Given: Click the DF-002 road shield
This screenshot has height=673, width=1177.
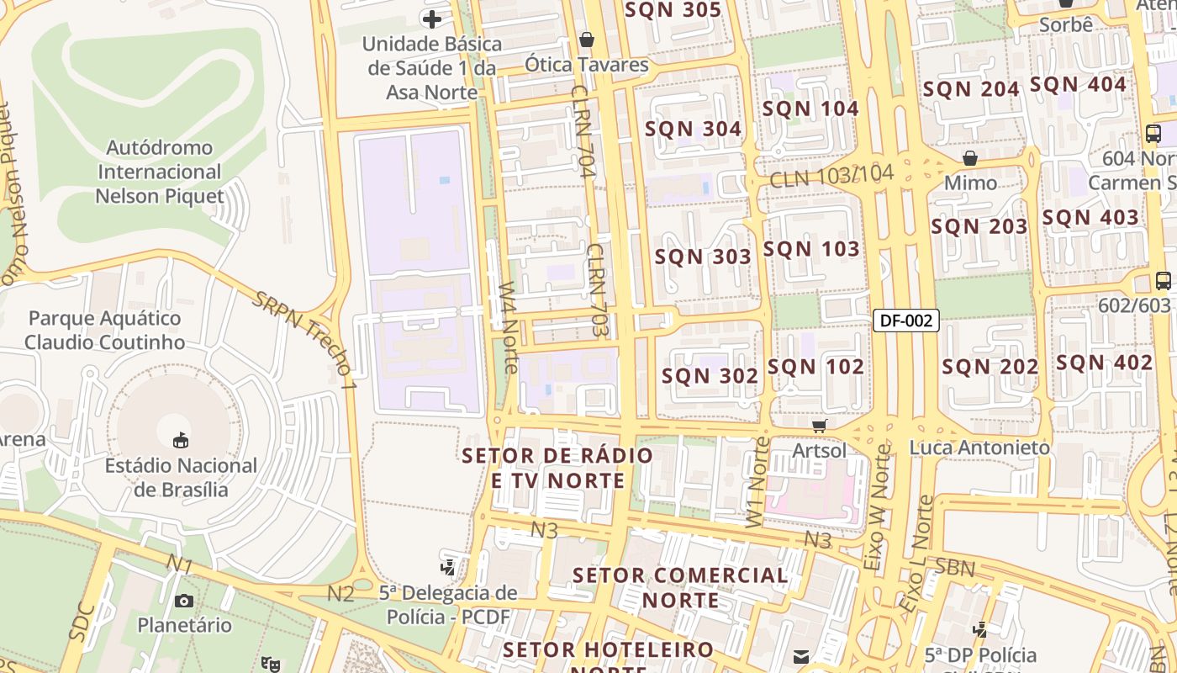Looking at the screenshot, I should (x=905, y=320).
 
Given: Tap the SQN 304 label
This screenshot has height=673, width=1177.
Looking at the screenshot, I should (x=693, y=129).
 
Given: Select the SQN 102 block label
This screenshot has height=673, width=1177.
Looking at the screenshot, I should (x=815, y=367).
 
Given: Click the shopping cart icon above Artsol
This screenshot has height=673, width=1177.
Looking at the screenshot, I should (x=819, y=427).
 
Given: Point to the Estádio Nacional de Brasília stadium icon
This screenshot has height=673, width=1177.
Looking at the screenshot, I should (x=181, y=440).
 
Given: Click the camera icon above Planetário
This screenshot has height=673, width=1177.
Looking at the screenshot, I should (x=184, y=601).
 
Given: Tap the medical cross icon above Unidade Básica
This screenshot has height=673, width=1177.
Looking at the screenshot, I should (x=432, y=19).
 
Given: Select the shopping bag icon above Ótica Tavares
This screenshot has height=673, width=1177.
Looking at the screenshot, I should (x=587, y=40).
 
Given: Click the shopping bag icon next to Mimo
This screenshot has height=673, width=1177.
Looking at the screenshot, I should (x=970, y=158).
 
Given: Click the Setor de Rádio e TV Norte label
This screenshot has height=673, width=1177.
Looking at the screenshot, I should (x=557, y=468).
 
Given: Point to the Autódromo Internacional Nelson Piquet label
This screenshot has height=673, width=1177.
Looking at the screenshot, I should (x=159, y=172).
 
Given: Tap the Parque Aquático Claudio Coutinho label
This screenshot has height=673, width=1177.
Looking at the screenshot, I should (x=104, y=330).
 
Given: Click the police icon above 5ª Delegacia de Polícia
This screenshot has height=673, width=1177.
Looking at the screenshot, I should (x=448, y=567).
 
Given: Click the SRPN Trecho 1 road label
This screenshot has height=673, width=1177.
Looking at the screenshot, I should (x=305, y=338).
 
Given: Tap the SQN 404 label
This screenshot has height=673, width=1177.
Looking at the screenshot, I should (x=1078, y=84).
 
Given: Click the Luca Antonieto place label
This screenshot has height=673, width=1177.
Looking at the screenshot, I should (x=979, y=448).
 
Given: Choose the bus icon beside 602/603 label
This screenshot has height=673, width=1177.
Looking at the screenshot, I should (x=1164, y=281).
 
